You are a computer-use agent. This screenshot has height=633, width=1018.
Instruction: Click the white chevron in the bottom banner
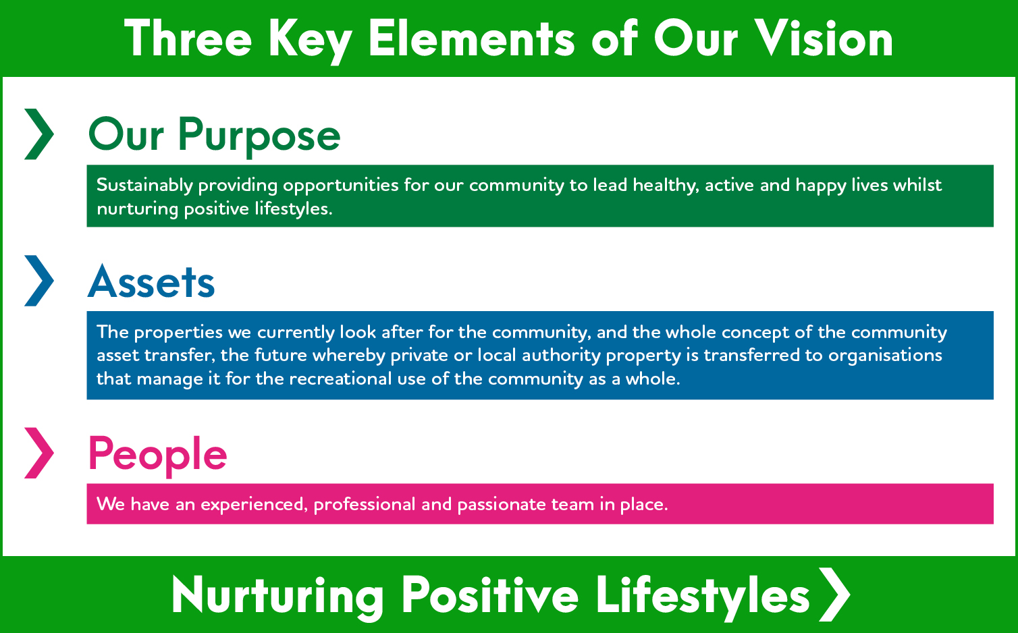[835, 595]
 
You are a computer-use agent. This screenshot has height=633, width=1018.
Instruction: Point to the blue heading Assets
[151, 281]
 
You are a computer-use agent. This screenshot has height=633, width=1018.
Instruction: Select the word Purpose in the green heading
[259, 136]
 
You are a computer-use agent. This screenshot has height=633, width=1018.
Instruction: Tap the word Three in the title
[188, 38]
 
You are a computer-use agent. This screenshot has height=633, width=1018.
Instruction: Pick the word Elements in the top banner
[472, 38]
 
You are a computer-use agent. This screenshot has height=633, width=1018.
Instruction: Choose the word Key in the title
[310, 42]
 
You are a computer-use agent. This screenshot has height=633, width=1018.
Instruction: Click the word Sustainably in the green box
[145, 186]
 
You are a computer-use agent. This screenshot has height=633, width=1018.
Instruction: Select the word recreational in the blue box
[340, 378]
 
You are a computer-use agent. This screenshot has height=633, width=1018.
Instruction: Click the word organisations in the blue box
[885, 356]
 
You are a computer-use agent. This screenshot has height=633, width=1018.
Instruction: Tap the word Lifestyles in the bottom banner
[703, 596]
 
